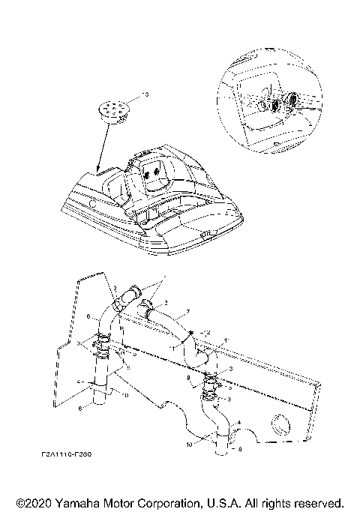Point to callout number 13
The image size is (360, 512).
[146, 95]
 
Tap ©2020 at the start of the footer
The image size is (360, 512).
[31, 502]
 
